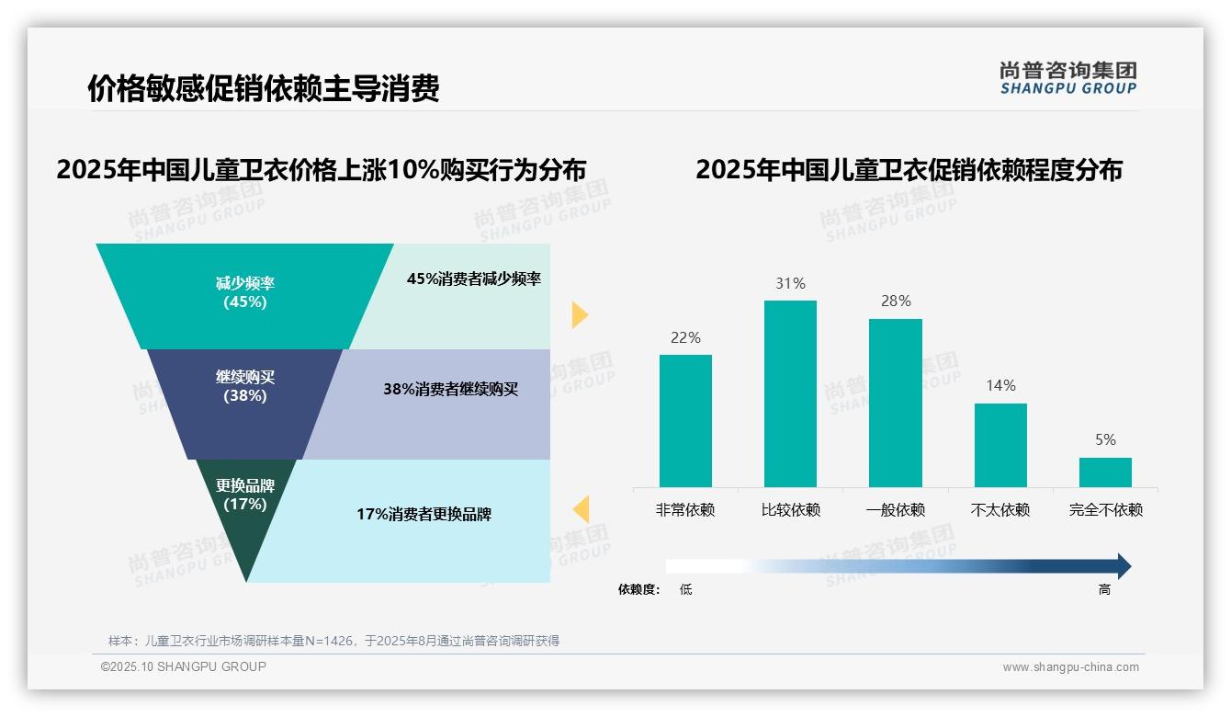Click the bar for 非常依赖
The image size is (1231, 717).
(x=685, y=420)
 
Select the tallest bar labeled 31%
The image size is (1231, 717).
(x=790, y=393)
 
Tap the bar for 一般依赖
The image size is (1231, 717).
(x=895, y=403)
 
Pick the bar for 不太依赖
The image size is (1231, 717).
(x=1000, y=445)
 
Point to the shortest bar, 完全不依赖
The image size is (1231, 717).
(x=1105, y=472)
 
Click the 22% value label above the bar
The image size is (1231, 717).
(x=685, y=337)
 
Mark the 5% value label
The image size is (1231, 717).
(x=1105, y=439)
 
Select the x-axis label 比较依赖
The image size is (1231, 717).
(x=790, y=509)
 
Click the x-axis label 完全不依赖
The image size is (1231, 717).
(x=1105, y=509)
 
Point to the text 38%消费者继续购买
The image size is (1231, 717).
(x=450, y=389)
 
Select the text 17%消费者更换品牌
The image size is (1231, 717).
(x=424, y=514)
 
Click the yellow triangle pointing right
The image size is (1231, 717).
(x=579, y=314)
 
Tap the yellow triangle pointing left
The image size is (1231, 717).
(x=581, y=508)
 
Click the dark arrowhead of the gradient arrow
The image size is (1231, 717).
(x=1123, y=566)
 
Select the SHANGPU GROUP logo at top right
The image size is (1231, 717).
(x=1067, y=77)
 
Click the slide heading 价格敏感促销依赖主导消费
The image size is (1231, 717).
(x=263, y=88)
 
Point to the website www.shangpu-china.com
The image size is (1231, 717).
(x=1070, y=667)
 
